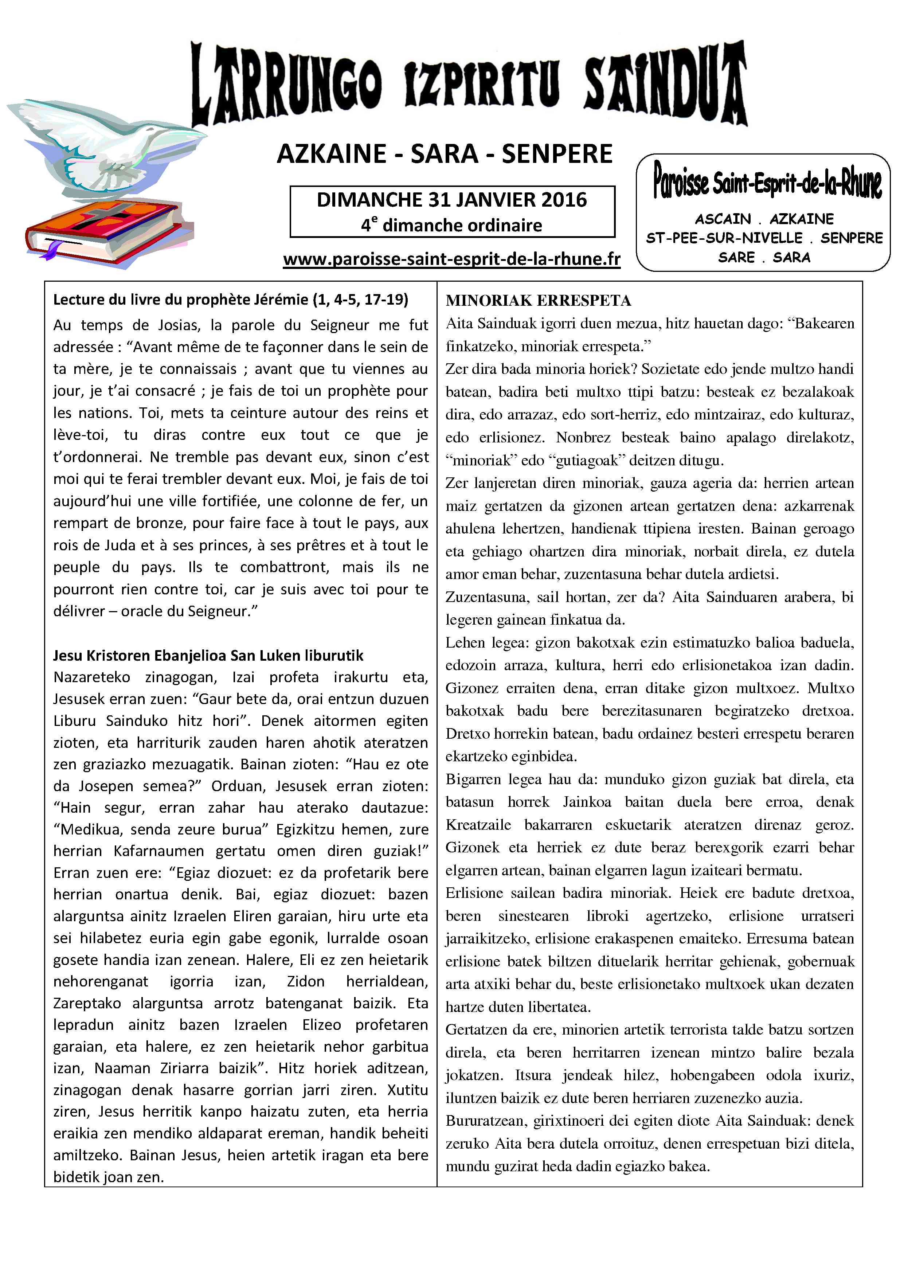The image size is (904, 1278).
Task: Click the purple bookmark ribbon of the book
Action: (x=52, y=250)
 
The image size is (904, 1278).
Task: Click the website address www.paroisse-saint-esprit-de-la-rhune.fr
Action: (x=451, y=259)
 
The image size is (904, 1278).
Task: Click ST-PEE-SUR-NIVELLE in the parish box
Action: (x=724, y=238)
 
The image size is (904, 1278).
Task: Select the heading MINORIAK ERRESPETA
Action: (x=538, y=301)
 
